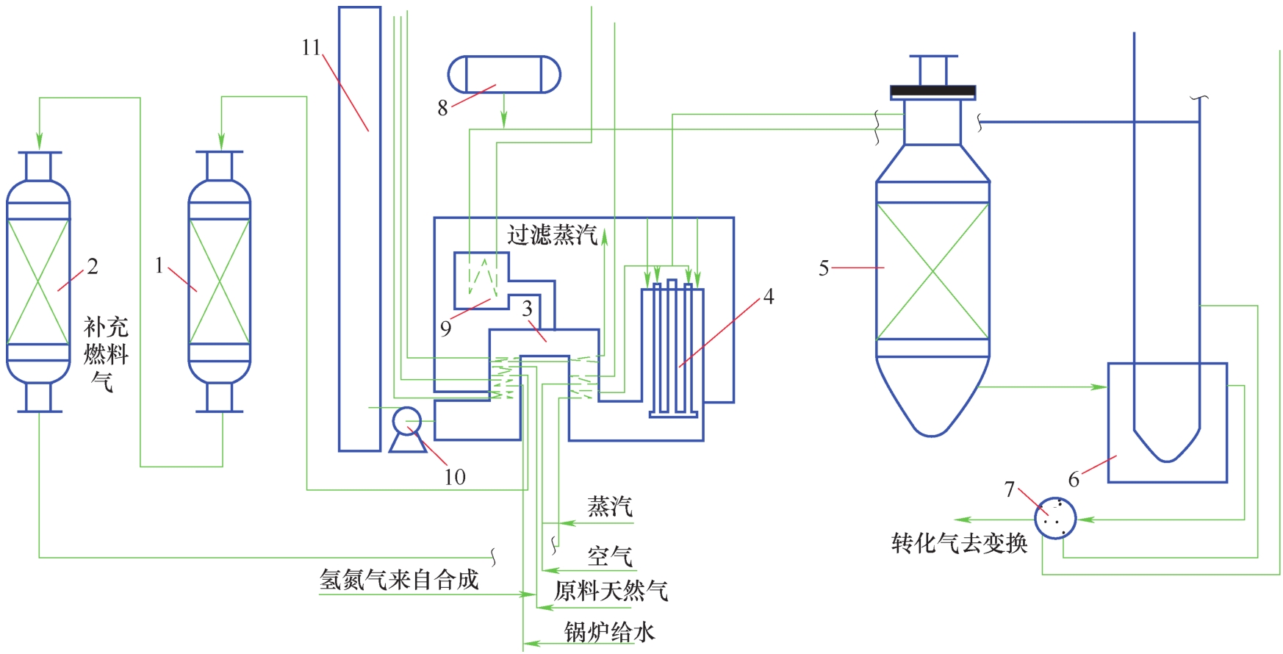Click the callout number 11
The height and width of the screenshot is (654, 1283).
point(311,48)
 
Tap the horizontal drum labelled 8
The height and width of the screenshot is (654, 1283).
point(504,74)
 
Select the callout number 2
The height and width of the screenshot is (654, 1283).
point(93,266)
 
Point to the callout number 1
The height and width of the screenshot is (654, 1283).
point(159,265)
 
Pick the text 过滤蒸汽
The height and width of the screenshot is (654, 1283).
point(552,235)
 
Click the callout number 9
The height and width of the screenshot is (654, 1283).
point(446,328)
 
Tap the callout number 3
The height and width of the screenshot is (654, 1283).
point(527,309)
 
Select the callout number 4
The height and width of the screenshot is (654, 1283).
point(769,296)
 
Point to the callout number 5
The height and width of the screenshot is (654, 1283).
point(824,268)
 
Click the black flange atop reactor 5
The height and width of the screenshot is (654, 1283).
point(932,92)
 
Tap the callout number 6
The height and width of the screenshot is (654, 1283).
point(1074,480)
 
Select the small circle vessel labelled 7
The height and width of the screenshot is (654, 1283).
point(1055,518)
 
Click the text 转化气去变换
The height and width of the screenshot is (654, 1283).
point(959,543)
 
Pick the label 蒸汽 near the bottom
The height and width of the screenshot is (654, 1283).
point(610,506)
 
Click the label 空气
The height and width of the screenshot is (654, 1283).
point(610,556)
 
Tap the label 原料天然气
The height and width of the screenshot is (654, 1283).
point(611,591)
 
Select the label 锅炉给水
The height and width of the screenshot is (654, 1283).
point(609,632)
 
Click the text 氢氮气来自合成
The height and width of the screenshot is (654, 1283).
point(399,580)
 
